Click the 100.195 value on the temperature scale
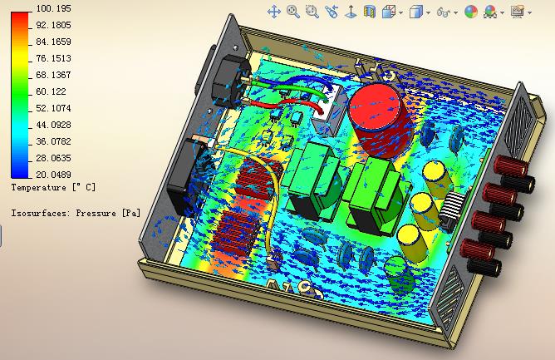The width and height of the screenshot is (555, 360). tap(53, 8)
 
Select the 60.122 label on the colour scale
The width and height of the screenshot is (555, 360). tap(51, 91)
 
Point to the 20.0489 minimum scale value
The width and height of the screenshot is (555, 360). tap(53, 175)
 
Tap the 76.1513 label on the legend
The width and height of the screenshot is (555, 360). tap(53, 58)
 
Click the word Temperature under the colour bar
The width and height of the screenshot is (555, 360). tap(38, 187)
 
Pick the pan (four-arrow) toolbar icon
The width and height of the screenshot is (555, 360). tap(274, 12)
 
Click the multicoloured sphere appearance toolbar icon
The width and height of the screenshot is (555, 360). tap(471, 12)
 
